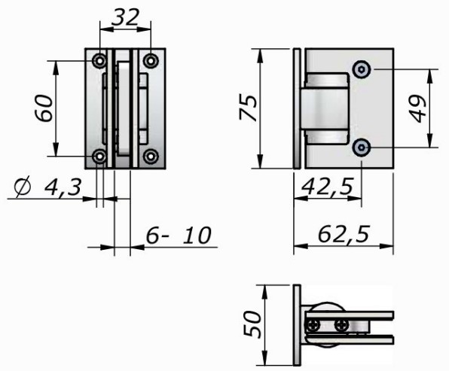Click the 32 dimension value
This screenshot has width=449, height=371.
point(125,17)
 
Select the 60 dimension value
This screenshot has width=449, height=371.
point(44,108)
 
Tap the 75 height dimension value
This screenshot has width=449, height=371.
point(248,108)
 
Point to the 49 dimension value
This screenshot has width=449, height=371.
point(417,108)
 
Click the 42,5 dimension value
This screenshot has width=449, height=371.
point(328,187)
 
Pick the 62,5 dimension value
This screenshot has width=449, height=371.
point(344,234)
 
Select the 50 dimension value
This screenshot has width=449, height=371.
point(252,324)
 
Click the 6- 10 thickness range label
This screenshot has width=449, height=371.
point(179,235)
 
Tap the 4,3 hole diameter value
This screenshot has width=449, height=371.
point(63,187)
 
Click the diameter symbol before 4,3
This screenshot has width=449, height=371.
point(23,187)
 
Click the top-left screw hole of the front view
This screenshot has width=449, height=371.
point(100,61)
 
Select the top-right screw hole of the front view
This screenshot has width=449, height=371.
point(151,61)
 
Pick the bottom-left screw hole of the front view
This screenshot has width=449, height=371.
point(100,157)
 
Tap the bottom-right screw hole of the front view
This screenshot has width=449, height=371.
point(151,157)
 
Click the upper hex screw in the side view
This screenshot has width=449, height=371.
point(362,69)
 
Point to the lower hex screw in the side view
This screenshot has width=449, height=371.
point(362,147)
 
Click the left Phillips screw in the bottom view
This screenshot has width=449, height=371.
point(314,324)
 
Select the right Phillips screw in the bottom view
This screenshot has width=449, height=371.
point(342,324)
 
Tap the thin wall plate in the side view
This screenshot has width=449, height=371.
point(297,108)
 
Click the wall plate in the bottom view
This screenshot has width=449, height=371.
point(297,325)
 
